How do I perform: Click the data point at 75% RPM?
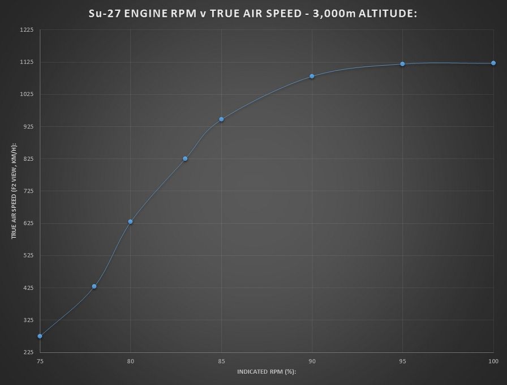[40, 336]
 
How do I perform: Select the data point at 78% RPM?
[94, 286]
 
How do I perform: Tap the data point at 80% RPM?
[130, 221]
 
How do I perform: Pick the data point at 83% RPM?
[185, 159]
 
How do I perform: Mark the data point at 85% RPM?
[221, 119]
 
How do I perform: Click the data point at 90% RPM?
[312, 76]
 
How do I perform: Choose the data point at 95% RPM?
[402, 64]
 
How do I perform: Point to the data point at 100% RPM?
[493, 63]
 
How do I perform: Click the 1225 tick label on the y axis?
[27, 30]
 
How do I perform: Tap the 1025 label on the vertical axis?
[27, 94]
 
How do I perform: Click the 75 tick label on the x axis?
[40, 361]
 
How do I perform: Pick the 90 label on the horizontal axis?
[312, 361]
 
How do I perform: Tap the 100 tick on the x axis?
[492, 361]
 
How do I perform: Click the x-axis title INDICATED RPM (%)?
[267, 372]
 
